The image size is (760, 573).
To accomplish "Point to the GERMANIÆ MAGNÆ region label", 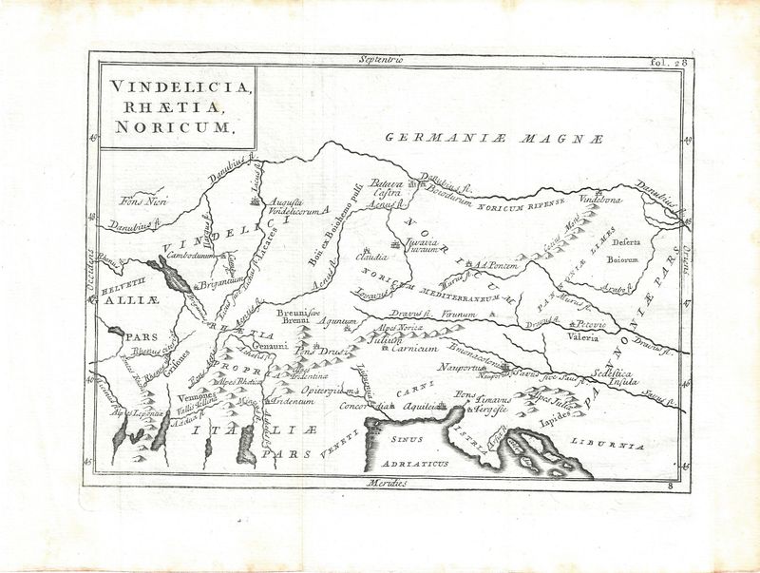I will click(x=494, y=139).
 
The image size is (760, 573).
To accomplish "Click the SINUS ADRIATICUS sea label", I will click(x=411, y=450).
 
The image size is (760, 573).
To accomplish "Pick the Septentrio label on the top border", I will click(x=381, y=60).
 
